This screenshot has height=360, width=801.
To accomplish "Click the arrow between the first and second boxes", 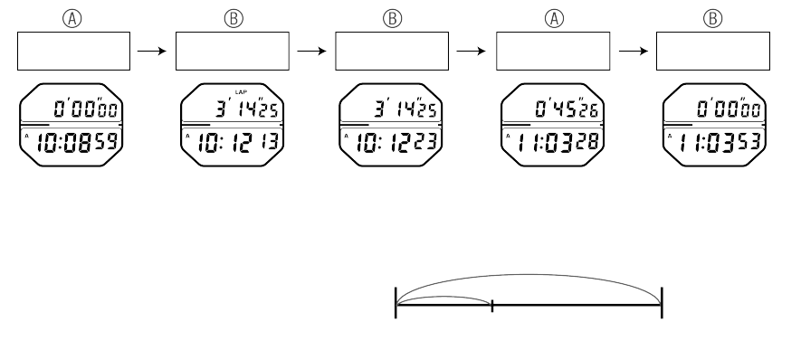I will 151,52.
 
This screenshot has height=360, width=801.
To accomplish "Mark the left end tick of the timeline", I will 396,301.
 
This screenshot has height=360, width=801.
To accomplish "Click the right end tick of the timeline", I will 662,301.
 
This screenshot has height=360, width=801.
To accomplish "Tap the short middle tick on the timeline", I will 491,305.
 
